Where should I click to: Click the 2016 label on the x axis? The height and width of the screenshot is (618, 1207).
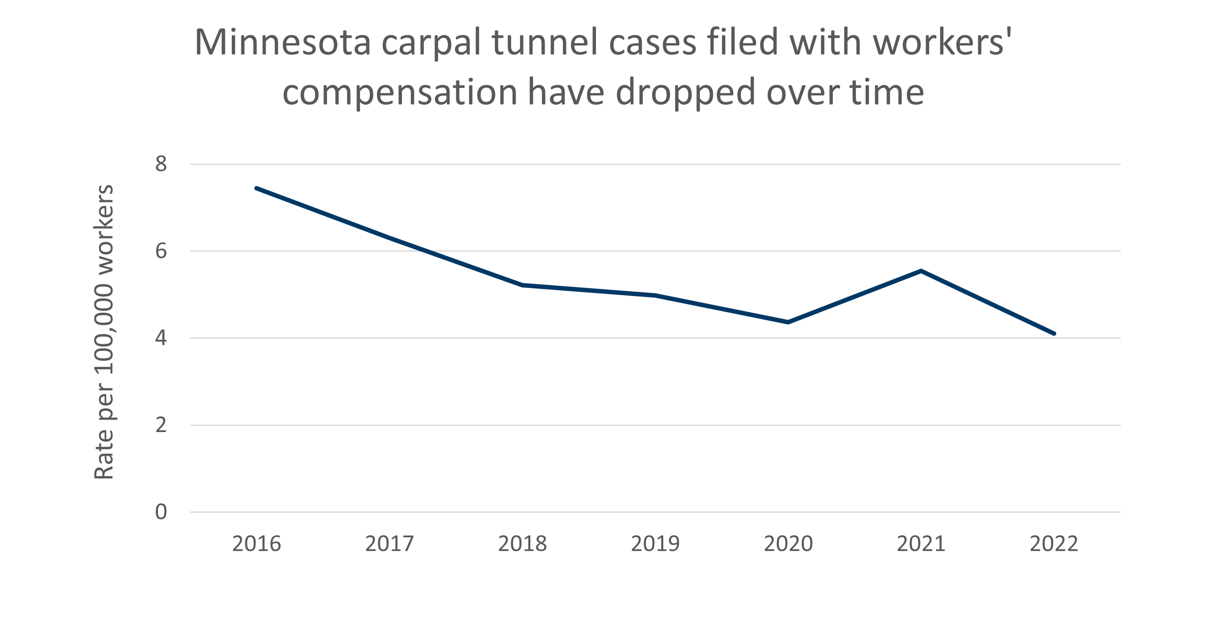[x=256, y=544]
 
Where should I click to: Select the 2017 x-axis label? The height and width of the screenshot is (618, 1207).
[x=389, y=544]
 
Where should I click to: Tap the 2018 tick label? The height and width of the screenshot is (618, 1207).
[x=522, y=544]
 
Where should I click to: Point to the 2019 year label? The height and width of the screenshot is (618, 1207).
[x=655, y=544]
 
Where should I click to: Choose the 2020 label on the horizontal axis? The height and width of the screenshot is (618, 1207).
[x=788, y=544]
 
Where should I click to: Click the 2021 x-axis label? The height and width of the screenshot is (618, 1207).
[x=921, y=544]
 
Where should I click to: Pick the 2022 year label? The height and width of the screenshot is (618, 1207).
[x=1054, y=544]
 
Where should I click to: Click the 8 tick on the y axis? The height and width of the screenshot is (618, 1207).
[x=161, y=165]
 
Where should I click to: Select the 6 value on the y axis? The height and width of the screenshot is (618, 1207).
[x=161, y=251]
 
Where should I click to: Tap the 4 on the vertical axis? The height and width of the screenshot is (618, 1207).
[x=161, y=338]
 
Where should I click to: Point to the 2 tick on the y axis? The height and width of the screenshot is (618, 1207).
[x=161, y=425]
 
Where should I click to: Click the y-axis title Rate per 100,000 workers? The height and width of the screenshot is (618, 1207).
[x=104, y=332]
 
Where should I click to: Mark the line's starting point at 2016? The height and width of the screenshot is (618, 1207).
[x=256, y=188]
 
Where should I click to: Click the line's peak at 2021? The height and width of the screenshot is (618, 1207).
[x=921, y=271]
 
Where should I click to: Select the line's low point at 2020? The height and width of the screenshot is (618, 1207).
[x=788, y=322]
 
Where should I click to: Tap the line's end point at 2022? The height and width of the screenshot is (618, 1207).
[x=1054, y=334]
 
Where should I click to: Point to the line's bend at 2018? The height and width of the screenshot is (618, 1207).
[x=522, y=285]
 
